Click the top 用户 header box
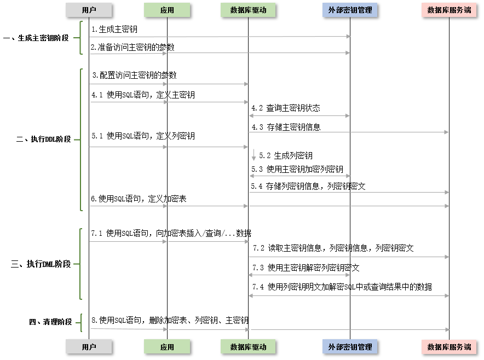[89, 10]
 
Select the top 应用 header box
[167, 10]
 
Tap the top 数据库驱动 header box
[248, 10]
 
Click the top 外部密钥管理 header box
[350, 10]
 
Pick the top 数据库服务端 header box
[449, 10]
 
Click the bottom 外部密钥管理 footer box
[350, 347]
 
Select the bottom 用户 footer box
[89, 347]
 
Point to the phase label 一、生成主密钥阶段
[36, 38]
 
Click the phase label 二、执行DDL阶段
[44, 139]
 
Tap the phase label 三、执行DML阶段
[41, 264]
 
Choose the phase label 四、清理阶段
[50, 322]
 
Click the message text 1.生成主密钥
[114, 28]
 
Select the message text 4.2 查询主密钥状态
[286, 108]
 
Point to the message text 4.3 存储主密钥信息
[286, 127]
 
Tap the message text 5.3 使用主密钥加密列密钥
[297, 169]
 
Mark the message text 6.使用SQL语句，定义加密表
[139, 199]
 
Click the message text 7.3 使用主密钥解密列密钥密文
[306, 268]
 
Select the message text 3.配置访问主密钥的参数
[134, 75]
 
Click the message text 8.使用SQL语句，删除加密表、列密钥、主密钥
[170, 320]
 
